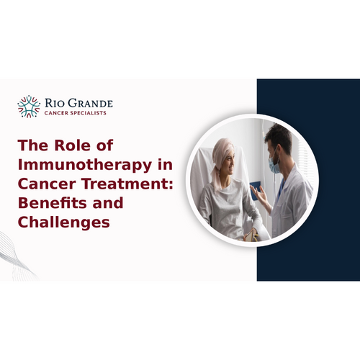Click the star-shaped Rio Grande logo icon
coord(30,106)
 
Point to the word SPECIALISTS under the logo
coord(94,114)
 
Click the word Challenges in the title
coord(64,221)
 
